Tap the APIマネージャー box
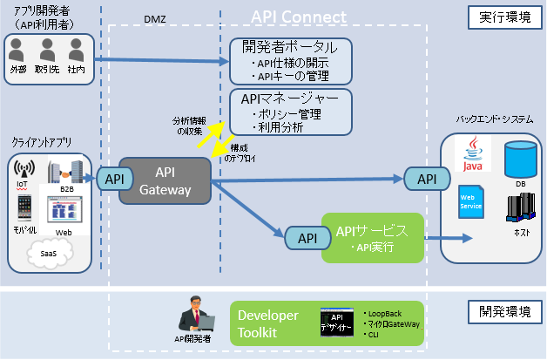pos(290,112)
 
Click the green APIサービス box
pos(372,238)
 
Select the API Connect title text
pos(298,17)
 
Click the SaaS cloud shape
pos(49,252)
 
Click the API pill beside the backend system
pos(427,179)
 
